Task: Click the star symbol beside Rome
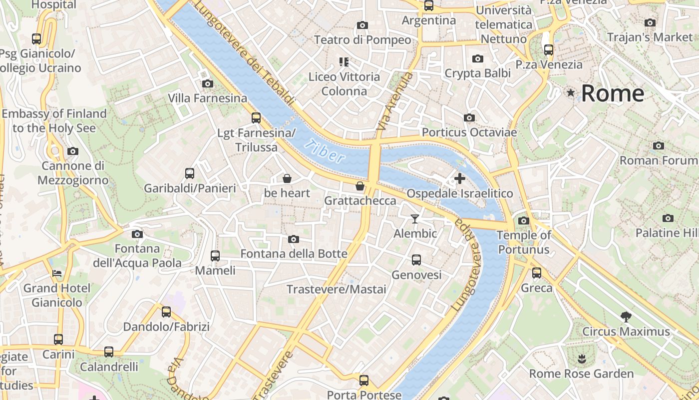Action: [x=571, y=93]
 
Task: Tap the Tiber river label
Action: [x=327, y=151]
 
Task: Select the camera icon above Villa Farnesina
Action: [x=207, y=83]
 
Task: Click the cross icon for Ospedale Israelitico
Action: [x=459, y=178]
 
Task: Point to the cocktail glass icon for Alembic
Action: [x=414, y=218]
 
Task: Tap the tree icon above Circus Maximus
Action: [x=625, y=316]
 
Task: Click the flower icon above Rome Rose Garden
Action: [x=581, y=358]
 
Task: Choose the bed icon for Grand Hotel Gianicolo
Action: [x=57, y=273]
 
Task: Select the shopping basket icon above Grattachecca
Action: [x=359, y=186]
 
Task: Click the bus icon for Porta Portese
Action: [x=364, y=380]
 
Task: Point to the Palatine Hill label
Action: [x=667, y=232]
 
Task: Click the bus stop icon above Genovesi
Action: [x=416, y=260]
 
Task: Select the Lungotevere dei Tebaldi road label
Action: [x=244, y=53]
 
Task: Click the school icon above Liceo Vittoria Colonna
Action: [x=344, y=62]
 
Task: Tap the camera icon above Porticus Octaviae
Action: [x=469, y=117]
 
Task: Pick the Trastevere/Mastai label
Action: [x=336, y=289]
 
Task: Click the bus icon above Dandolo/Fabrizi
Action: [x=166, y=312]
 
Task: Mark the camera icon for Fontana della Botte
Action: [x=294, y=239]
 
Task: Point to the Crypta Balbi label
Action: [x=477, y=73]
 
